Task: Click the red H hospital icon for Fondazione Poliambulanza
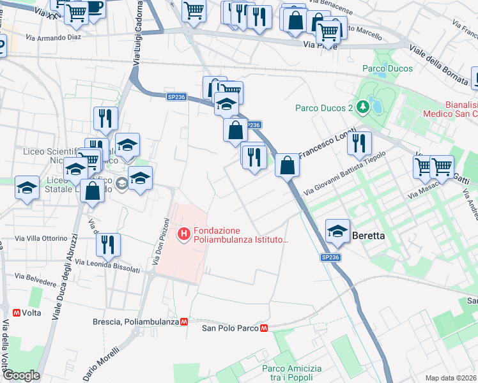[185, 235]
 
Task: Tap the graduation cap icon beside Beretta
[337, 231]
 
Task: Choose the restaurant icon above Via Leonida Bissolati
[109, 244]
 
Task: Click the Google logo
[21, 375]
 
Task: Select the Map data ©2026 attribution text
[451, 378]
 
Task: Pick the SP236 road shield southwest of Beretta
[330, 257]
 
